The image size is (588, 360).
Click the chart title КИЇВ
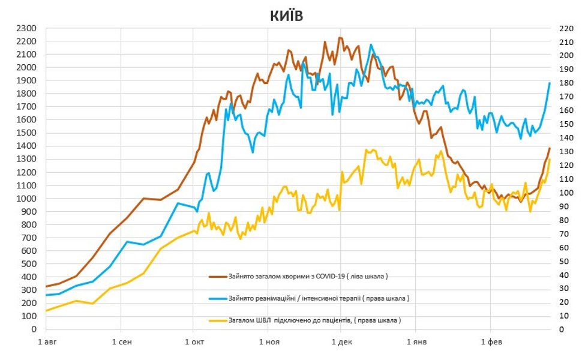click(286, 16)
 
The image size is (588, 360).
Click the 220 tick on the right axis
click(567, 28)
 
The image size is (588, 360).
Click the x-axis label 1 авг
click(46, 342)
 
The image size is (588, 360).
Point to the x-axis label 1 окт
click(194, 342)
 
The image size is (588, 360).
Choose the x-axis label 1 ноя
click(268, 342)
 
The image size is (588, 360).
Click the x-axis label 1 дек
click(341, 342)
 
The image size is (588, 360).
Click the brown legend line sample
click(218, 277)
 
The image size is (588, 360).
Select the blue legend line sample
click(218, 298)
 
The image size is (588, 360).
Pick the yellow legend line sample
click(218, 320)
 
